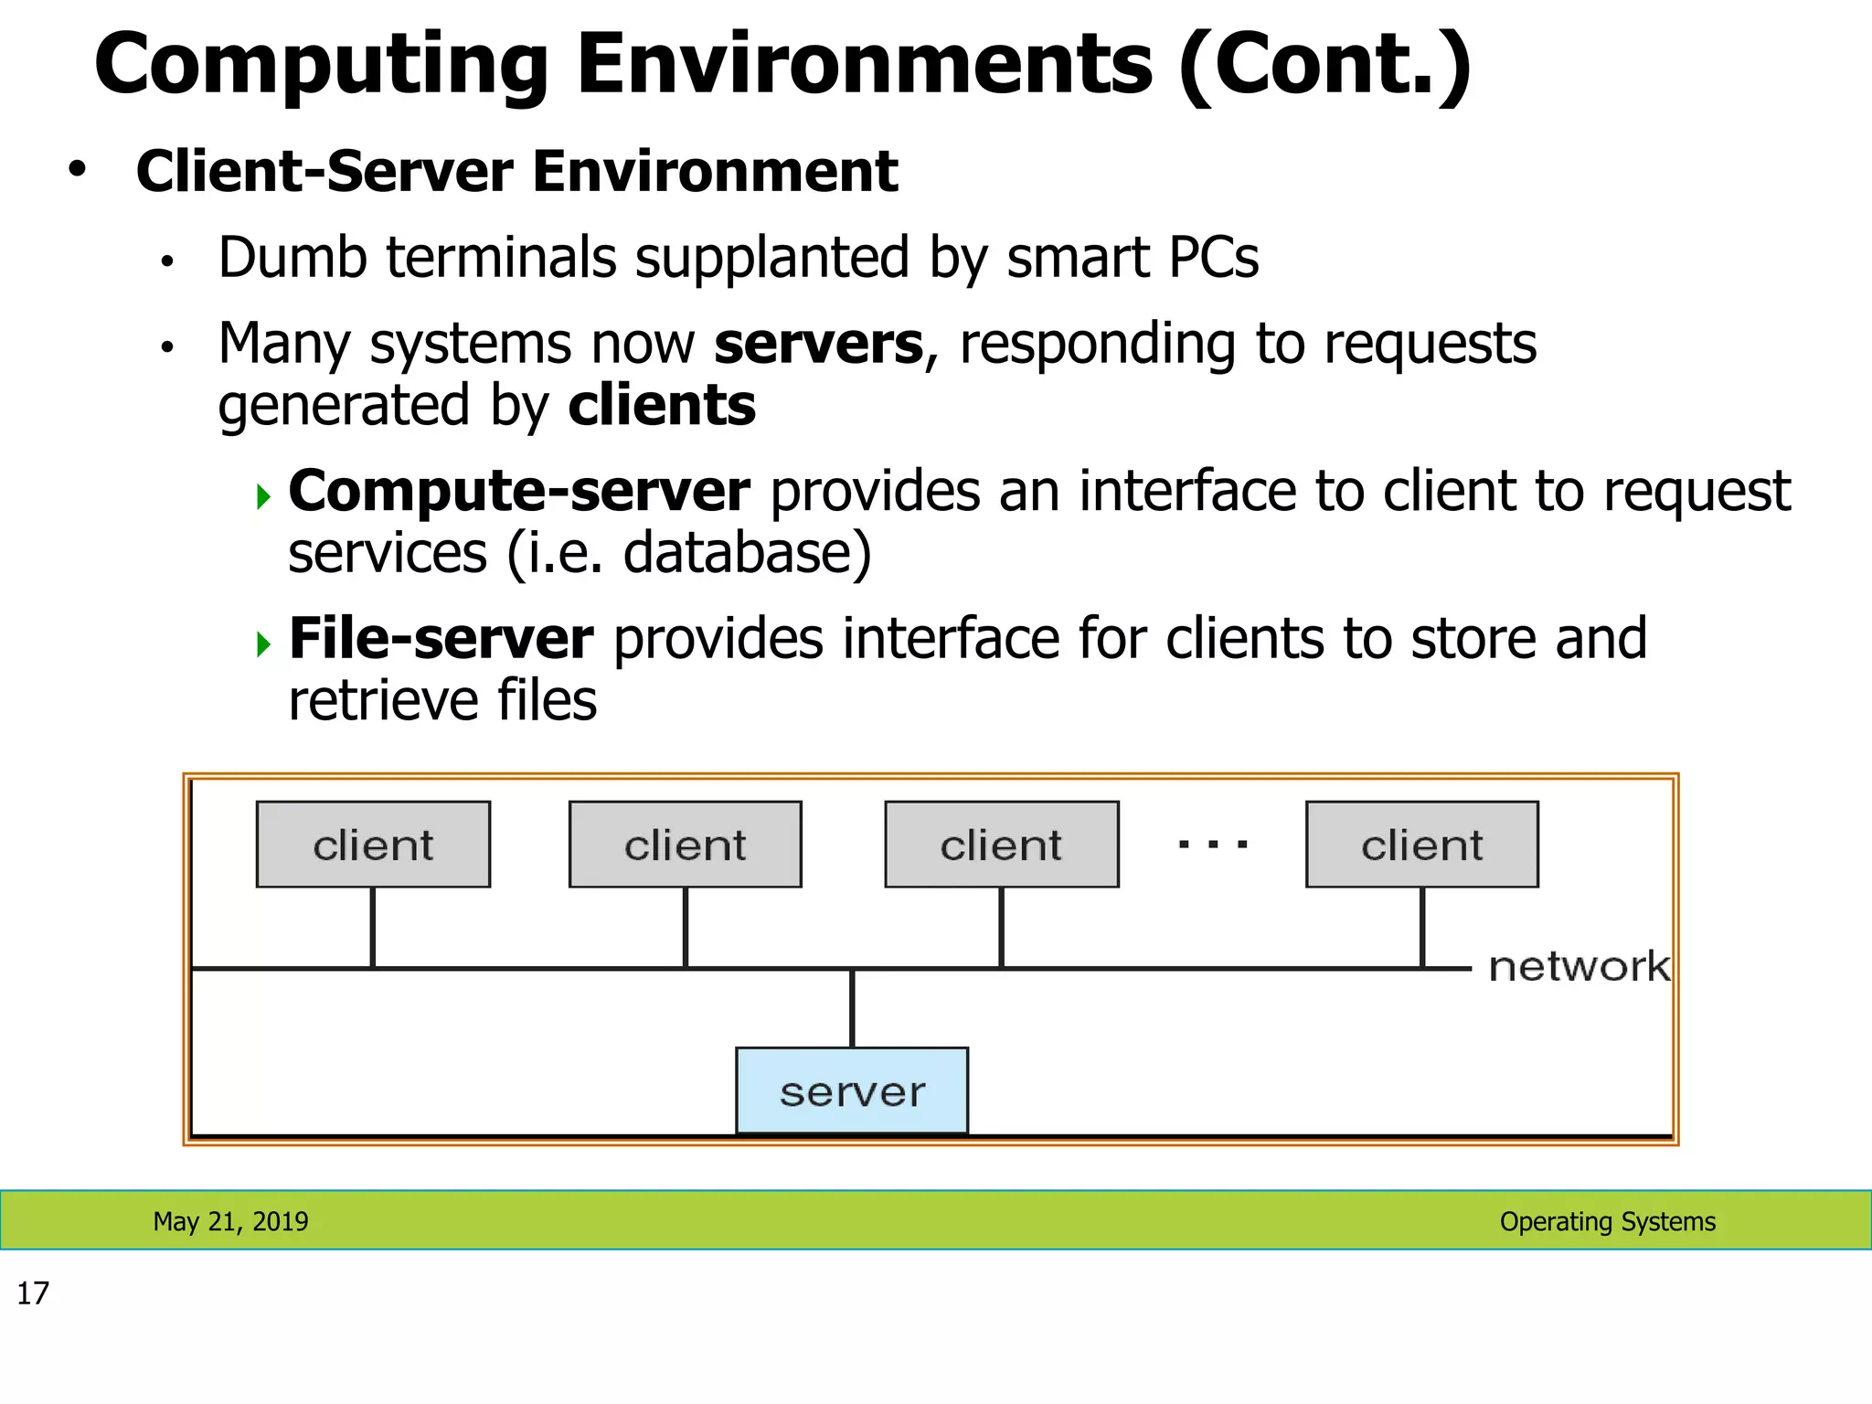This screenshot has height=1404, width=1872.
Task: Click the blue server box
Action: pyautogui.click(x=852, y=1090)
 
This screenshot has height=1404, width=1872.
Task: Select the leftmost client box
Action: pyautogui.click(x=373, y=845)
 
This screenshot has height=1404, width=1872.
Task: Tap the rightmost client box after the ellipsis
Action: pyautogui.click(x=1422, y=845)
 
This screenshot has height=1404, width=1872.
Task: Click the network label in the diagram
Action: pyautogui.click(x=1579, y=966)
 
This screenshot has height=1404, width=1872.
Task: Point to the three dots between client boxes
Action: pyautogui.click(x=1213, y=845)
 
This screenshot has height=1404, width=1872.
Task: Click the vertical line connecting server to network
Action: pyautogui.click(x=852, y=1008)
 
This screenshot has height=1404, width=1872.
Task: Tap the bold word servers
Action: pyautogui.click(x=819, y=345)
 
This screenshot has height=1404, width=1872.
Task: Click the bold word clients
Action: pyautogui.click(x=662, y=406)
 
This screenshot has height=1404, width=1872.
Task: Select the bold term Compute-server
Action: pyautogui.click(x=519, y=492)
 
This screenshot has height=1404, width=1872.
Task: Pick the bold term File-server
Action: pyautogui.click(x=441, y=639)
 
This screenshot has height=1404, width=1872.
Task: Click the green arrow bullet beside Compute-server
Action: pyautogui.click(x=264, y=497)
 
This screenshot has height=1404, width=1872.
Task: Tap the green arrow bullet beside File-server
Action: pyautogui.click(x=264, y=644)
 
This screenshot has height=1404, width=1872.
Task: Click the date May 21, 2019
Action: pyautogui.click(x=230, y=1221)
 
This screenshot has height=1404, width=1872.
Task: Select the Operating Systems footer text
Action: pyautogui.click(x=1607, y=1221)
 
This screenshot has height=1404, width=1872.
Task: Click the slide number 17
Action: pyautogui.click(x=33, y=1293)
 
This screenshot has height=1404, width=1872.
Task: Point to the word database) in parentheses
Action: pyautogui.click(x=747, y=554)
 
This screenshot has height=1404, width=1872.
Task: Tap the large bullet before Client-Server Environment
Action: pyautogui.click(x=78, y=169)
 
